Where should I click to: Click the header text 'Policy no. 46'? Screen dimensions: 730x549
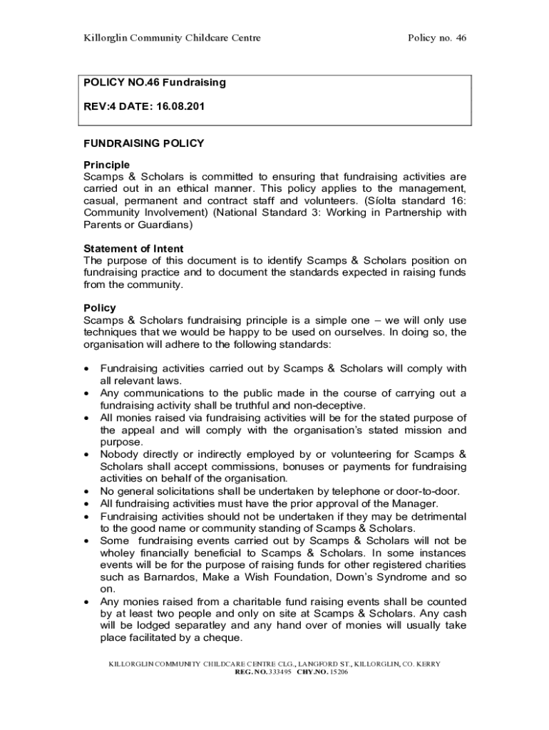pos(436,38)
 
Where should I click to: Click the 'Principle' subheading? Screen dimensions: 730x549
pos(107,165)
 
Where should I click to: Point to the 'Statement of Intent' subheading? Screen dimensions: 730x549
pos(133,249)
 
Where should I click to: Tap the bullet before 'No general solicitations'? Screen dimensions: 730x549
pos(86,491)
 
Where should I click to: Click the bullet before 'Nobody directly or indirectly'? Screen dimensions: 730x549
pos(86,454)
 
